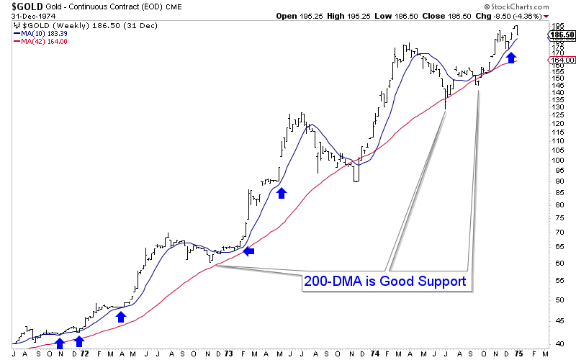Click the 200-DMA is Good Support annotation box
click(386, 282)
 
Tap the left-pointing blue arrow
click(248, 251)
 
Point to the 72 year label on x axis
click(84, 354)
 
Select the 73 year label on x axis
click(228, 354)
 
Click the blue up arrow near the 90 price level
click(282, 192)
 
